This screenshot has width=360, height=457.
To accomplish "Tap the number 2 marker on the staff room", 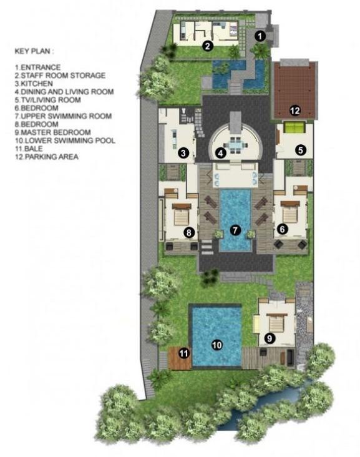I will click(208, 46).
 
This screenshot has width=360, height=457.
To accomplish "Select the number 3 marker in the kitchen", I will click(183, 152).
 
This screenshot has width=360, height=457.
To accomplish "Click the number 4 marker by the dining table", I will click(220, 153).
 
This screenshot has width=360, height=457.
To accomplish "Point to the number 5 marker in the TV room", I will click(300, 150).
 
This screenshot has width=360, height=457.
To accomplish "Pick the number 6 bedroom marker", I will click(282, 229).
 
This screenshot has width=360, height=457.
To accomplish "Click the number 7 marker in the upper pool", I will click(235, 229).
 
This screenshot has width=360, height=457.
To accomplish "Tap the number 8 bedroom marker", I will click(188, 232).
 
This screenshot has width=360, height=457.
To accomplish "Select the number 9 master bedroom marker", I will click(270, 338).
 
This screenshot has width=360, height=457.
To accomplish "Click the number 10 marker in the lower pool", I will click(216, 344).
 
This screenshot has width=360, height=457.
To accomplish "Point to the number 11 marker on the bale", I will click(183, 353).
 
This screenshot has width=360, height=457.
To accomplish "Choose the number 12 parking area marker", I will click(294, 111).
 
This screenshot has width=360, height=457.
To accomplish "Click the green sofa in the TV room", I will click(294, 129).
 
